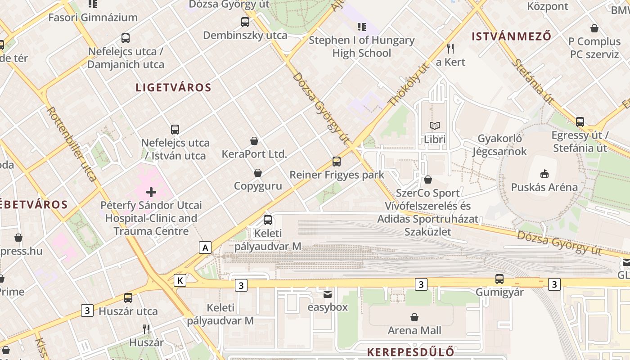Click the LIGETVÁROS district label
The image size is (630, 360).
pyautogui.click(x=173, y=88)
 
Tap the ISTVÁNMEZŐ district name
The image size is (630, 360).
pyautogui.click(x=511, y=36)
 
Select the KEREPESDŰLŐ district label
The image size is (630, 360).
pyautogui.click(x=410, y=352)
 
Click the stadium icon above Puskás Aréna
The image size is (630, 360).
pyautogui.click(x=544, y=173)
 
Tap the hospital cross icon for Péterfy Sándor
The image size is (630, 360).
pyautogui.click(x=151, y=193)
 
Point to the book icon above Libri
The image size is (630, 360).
pyautogui.click(x=434, y=126)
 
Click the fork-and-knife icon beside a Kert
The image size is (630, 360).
pyautogui.click(x=450, y=48)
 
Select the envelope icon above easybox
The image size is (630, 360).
pyautogui.click(x=328, y=294)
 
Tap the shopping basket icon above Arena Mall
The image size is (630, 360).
pyautogui.click(x=414, y=317)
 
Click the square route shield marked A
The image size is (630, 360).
pyautogui.click(x=205, y=247)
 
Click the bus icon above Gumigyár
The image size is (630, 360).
pyautogui.click(x=499, y=279)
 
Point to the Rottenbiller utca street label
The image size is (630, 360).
pyautogui.click(x=72, y=144)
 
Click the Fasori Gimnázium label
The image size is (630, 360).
pyautogui.click(x=93, y=18)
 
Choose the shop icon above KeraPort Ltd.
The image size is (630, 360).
pyautogui.click(x=254, y=141)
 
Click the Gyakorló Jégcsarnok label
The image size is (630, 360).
pyautogui.click(x=499, y=145)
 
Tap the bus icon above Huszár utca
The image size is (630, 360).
pyautogui.click(x=128, y=298)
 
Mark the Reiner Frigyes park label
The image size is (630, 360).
pyautogui.click(x=337, y=175)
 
